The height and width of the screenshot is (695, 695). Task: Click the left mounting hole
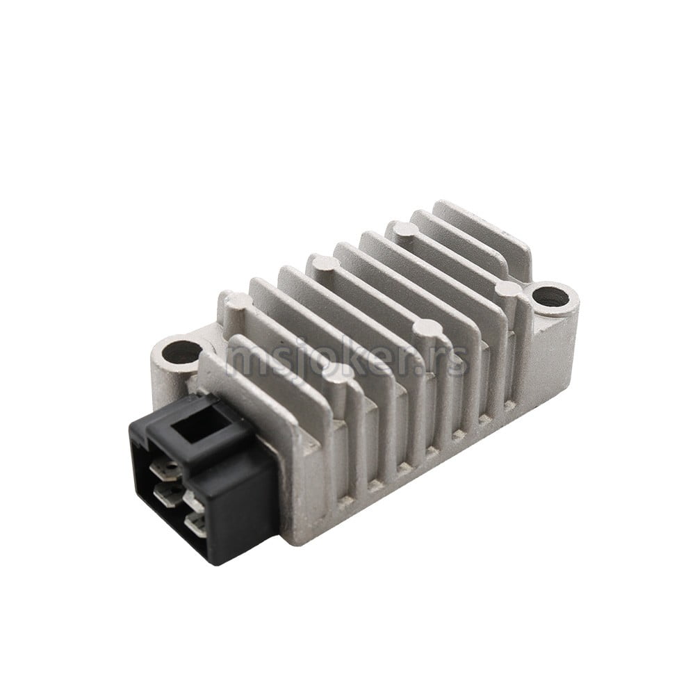click(181, 353)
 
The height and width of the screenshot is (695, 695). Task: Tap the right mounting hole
click(549, 297)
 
